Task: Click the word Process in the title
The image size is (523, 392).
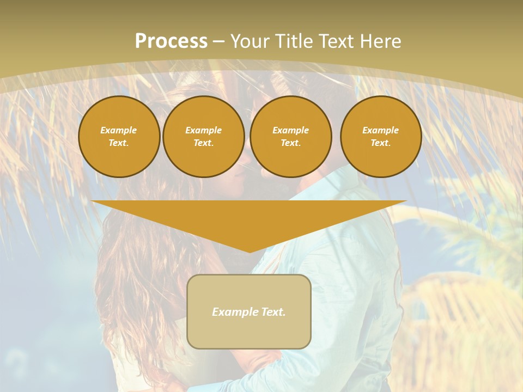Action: click(171, 41)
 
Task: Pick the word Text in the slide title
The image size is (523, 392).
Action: click(336, 41)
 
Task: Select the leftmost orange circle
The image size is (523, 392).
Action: click(119, 136)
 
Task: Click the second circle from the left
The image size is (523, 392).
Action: click(203, 136)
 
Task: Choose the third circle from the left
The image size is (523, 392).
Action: click(290, 136)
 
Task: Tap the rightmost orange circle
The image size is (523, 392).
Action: click(380, 136)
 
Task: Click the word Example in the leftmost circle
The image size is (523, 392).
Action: click(119, 130)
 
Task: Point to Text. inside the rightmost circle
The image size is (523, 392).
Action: click(380, 143)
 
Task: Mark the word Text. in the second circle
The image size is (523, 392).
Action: click(203, 143)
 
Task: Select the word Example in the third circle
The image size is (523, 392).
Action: click(290, 130)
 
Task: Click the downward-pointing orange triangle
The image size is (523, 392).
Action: click(249, 218)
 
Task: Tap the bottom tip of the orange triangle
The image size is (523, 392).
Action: click(249, 251)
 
